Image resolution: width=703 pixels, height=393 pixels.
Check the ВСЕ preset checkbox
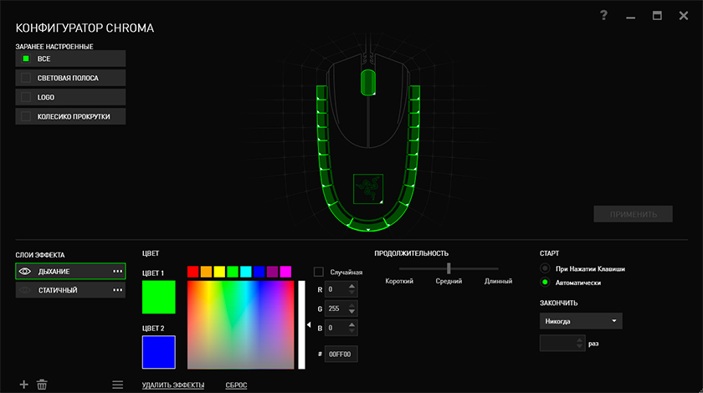tap(26, 59)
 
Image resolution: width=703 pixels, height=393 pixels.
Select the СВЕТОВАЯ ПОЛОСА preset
tap(70, 78)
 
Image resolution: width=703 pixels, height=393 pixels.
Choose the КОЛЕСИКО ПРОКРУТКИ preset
tap(70, 116)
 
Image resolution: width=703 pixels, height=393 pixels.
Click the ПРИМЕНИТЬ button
tap(633, 214)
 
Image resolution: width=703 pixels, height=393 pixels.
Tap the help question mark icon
tap(604, 16)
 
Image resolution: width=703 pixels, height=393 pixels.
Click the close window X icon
tap(683, 16)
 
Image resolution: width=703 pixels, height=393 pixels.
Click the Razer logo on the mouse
tap(368, 189)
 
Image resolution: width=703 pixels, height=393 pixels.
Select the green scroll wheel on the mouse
tap(368, 82)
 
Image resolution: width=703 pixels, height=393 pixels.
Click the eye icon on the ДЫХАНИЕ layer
tap(25, 272)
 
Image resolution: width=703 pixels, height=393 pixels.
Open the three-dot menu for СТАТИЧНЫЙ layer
tap(117, 290)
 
